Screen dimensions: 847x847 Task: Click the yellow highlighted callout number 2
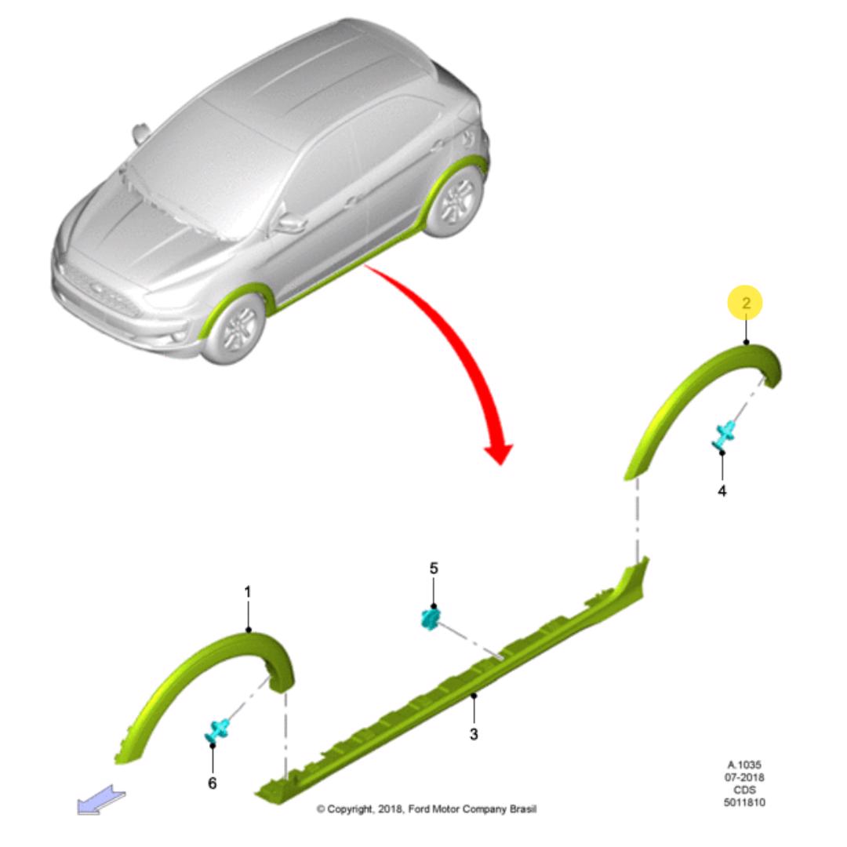coord(746,303)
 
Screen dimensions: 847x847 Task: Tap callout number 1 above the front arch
coord(247,592)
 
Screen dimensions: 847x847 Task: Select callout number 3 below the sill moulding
coord(474,734)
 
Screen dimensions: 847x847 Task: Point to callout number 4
coord(722,491)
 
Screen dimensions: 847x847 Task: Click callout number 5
coord(434,569)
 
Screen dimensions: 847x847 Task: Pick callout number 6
coord(213,783)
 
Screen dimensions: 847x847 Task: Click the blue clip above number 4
coord(723,434)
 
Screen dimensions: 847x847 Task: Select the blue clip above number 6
coord(217,732)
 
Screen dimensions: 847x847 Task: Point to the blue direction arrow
coord(101,799)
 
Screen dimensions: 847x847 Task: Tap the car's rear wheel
coord(456,202)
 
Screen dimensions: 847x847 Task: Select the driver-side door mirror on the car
coord(292,223)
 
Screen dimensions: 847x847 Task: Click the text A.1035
coord(744,765)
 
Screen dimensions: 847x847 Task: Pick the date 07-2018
coord(744,777)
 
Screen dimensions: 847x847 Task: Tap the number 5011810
coord(744,803)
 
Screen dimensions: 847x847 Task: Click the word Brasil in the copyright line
coord(523,809)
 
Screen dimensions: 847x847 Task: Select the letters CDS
coord(745,790)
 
